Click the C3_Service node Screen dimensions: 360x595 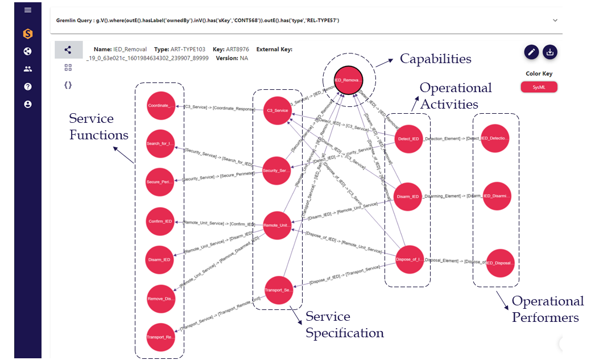point(277,110)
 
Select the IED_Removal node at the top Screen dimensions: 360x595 point(347,80)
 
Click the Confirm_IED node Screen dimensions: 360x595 point(160,221)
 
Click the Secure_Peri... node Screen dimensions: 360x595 point(160,181)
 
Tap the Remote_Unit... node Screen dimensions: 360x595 point(277,225)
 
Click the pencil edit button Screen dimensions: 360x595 point(531,52)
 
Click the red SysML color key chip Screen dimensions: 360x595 point(539,87)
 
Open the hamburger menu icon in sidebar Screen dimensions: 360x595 point(28,10)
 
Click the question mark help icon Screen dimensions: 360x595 point(28,86)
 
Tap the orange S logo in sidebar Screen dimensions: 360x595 point(28,34)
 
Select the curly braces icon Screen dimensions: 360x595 point(68,85)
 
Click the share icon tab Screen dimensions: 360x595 point(68,50)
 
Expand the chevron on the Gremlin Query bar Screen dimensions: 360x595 point(555,20)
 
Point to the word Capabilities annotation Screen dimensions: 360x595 point(435,59)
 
